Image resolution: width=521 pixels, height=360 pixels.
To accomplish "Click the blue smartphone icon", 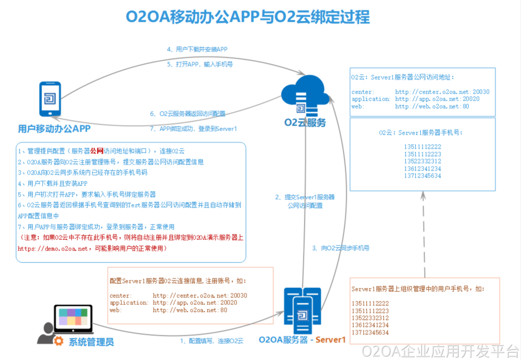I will pos(49,99).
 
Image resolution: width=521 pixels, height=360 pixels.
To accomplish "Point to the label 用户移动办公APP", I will pos(54,129).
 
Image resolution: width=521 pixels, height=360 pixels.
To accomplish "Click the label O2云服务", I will pos(305,123).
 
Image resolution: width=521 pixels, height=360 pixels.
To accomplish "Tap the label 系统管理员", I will pos(91,342).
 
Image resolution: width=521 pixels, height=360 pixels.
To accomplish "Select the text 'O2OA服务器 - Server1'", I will pos(302,339).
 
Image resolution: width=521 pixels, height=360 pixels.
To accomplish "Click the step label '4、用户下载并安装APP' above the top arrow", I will pos(197,50).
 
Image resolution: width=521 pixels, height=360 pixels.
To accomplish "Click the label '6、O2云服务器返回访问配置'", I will pos(187,114).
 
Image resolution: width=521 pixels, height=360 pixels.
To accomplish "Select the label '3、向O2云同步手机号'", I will pos(340,248).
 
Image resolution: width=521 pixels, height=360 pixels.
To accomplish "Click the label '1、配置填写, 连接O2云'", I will pos(211,341).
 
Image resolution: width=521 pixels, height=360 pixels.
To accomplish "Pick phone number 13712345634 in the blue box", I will pos(423,176).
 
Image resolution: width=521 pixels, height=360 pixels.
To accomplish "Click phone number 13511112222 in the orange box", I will pos(370,303).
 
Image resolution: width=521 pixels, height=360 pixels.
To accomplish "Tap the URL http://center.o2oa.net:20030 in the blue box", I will pos(442,92).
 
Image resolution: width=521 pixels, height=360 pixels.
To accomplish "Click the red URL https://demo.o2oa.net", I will pos(53,248).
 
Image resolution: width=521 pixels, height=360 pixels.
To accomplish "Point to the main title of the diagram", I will pos(248,17).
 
